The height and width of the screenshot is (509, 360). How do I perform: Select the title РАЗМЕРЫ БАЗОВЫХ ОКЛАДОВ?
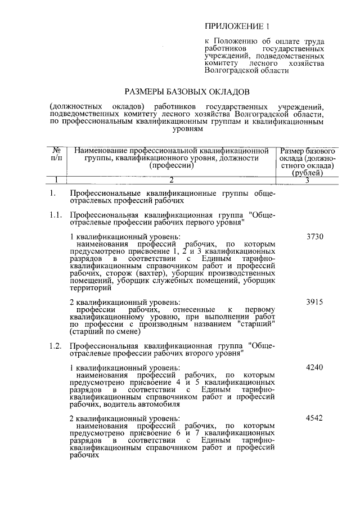pyautogui.click(x=186, y=91)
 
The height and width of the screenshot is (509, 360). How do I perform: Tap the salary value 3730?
pyautogui.click(x=315, y=237)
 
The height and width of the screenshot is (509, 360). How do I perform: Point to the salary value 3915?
pyautogui.click(x=315, y=302)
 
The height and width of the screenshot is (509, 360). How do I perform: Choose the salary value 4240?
pyautogui.click(x=315, y=367)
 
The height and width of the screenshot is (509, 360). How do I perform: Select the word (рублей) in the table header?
pyautogui.click(x=308, y=174)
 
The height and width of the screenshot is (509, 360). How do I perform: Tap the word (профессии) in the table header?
pyautogui.click(x=172, y=166)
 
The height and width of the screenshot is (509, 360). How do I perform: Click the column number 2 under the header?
pyautogui.click(x=172, y=180)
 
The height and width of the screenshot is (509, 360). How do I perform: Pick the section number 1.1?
pyautogui.click(x=55, y=215)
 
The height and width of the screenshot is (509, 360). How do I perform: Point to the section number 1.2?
pyautogui.click(x=55, y=345)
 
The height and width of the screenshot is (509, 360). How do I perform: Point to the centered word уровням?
pyautogui.click(x=186, y=129)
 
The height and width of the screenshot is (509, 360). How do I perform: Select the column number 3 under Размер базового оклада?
pyautogui.click(x=308, y=181)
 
